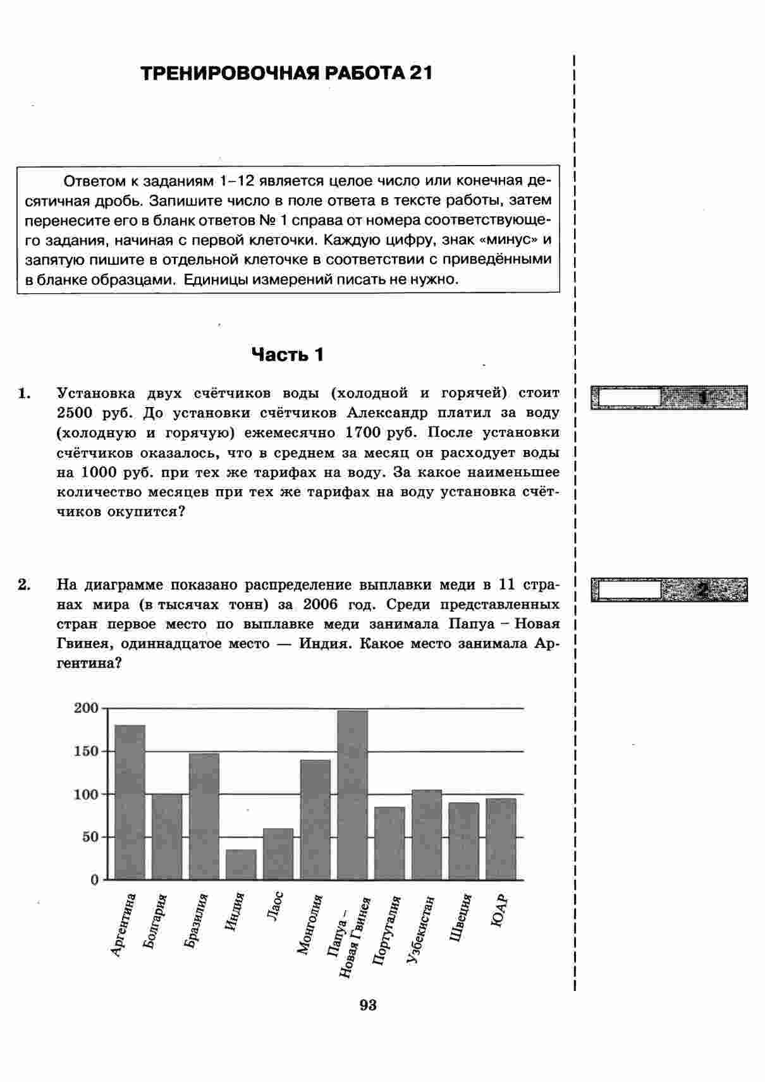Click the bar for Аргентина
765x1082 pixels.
click(130, 802)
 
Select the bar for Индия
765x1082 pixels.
click(241, 865)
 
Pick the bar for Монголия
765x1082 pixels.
click(315, 819)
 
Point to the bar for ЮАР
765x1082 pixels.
click(501, 839)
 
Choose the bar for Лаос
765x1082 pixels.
click(278, 854)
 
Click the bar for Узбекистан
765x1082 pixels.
click(427, 834)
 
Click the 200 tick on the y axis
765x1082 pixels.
click(87, 708)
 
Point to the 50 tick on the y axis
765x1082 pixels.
click(90, 837)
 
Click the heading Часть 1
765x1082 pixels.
click(288, 355)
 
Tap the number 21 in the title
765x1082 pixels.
click(420, 73)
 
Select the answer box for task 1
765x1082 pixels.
click(628, 398)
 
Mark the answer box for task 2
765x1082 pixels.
click(628, 590)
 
